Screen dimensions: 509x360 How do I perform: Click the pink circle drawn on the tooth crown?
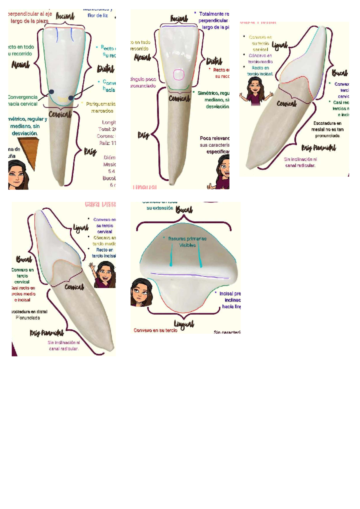point(178,75)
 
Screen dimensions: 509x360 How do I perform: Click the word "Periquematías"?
point(101,104)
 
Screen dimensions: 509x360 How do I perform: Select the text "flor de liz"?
point(97,16)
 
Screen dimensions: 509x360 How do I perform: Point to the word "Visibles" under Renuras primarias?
point(187,245)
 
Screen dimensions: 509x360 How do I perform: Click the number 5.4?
point(111,171)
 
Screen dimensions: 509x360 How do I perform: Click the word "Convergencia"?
point(22,97)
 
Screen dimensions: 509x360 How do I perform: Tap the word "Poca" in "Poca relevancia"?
point(205,138)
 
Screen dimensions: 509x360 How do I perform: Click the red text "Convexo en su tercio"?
point(155,330)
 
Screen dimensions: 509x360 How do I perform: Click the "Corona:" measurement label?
point(105,136)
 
